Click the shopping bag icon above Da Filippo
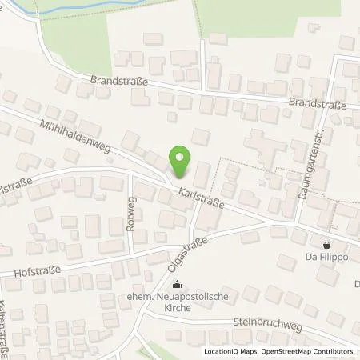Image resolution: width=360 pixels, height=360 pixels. click(327, 244)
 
